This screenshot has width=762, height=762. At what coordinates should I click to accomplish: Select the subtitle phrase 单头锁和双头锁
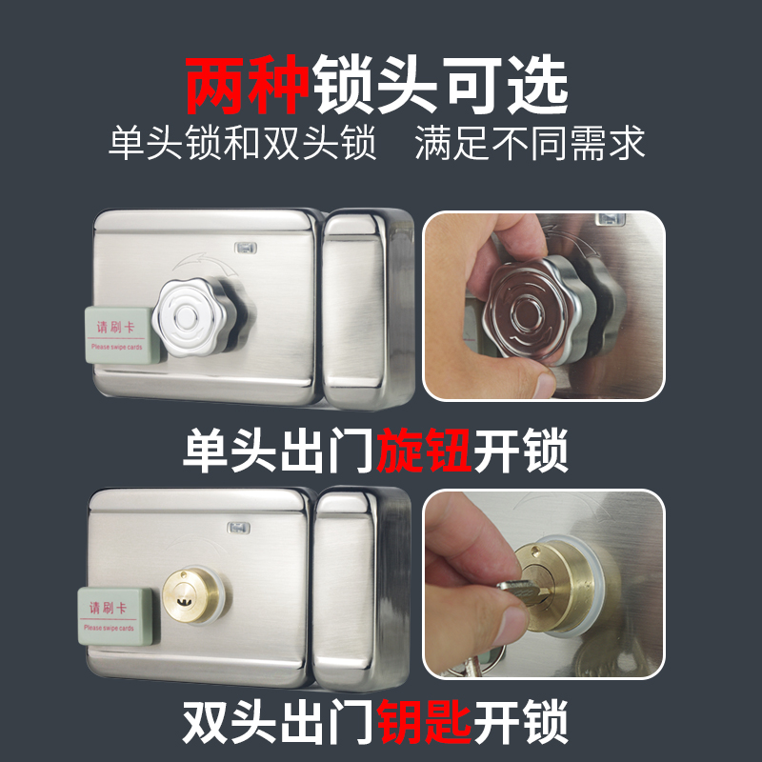click(243, 144)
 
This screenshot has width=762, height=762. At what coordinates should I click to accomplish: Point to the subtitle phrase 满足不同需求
click(531, 144)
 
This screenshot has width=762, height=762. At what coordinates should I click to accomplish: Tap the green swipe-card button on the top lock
click(117, 333)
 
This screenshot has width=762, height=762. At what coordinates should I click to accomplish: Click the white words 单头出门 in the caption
click(280, 454)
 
